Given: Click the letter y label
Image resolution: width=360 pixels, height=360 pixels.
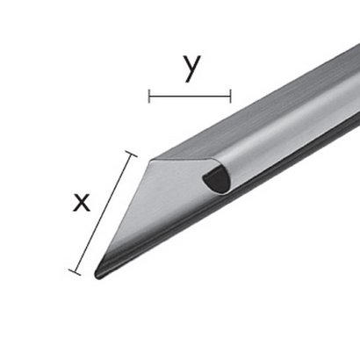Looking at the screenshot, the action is (x=191, y=68).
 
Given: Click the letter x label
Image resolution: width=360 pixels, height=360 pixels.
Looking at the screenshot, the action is (x=82, y=202).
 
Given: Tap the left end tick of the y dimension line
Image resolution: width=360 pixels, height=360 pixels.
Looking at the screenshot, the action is (x=149, y=96).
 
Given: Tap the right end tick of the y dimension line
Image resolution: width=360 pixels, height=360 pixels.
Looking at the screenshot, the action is (x=231, y=96).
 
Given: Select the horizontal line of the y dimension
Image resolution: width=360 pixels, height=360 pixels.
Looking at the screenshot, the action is (x=190, y=96).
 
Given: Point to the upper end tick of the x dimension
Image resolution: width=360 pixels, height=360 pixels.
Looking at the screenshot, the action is (x=131, y=154).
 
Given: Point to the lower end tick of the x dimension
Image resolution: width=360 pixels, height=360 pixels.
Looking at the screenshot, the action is (x=75, y=272).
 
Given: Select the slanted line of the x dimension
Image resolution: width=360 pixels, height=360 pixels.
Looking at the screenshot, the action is (x=103, y=213).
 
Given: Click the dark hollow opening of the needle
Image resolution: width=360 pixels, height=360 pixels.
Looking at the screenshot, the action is (x=217, y=179).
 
